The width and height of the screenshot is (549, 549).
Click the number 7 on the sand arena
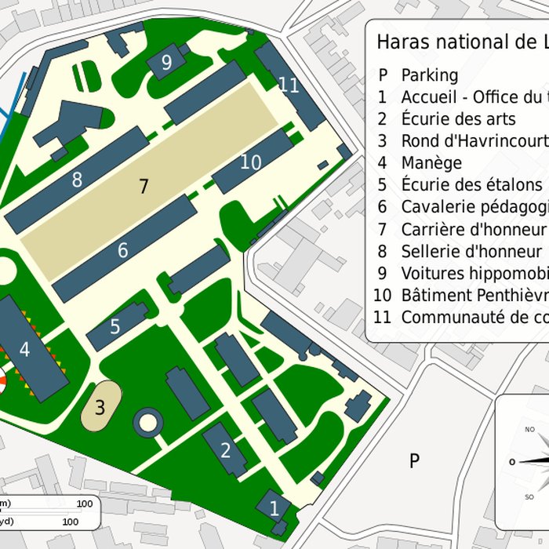[143, 187]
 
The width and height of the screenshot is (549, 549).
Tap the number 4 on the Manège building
[24, 350]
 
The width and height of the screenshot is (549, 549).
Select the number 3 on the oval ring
[100, 408]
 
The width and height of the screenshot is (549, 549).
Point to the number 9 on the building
[166, 63]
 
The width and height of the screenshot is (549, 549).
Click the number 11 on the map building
[289, 85]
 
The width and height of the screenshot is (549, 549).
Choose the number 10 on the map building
[250, 162]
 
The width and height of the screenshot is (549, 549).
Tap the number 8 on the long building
[77, 180]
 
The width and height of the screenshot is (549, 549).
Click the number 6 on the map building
[122, 251]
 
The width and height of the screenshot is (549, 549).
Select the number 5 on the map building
[115, 326]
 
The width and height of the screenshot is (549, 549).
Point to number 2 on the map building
[226, 450]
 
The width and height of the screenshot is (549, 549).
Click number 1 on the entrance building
[274, 508]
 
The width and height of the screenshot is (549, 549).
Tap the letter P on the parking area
[414, 461]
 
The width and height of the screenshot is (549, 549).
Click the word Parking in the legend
[430, 75]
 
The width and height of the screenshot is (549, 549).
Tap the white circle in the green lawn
[147, 423]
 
